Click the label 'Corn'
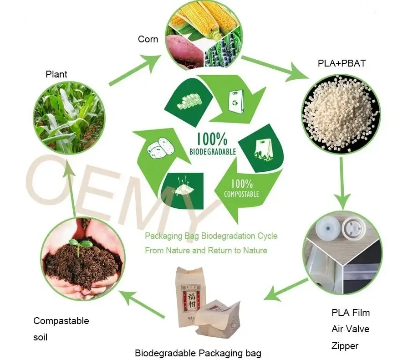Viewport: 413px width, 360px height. tap(148, 39)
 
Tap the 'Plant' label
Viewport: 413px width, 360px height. tap(56, 74)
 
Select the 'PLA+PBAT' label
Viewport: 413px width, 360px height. tap(342, 63)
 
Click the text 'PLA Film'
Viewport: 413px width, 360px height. tap(351, 313)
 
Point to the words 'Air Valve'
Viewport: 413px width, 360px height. tap(350, 329)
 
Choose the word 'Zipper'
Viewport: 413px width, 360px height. tap(345, 346)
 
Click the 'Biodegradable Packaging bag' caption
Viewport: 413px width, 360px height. tap(198, 353)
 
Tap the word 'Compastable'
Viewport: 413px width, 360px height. tap(61, 321)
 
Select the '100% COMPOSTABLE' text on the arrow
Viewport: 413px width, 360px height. tap(241, 188)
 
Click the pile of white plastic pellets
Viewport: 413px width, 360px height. tap(337, 114)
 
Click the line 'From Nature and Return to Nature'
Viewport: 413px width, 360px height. tap(206, 250)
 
